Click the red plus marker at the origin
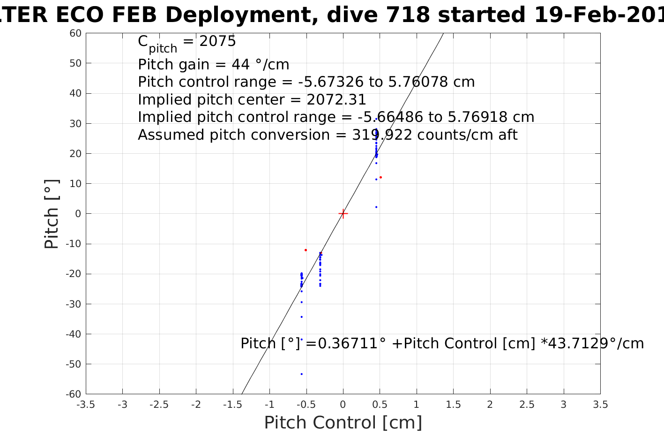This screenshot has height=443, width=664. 343,214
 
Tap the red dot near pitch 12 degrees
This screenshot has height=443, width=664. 380,177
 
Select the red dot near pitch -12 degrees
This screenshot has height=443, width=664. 306,250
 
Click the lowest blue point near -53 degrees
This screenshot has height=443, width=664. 301,374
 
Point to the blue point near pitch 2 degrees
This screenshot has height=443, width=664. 376,207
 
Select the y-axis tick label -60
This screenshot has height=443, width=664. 74,394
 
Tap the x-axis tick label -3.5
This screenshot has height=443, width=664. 85,405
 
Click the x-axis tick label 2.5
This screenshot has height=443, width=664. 527,405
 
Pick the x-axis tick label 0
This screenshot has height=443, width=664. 343,405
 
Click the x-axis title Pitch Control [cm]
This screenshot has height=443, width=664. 343,423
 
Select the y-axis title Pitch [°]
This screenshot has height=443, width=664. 52,214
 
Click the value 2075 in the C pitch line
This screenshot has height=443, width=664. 217,41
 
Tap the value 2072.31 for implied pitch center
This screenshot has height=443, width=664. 336,100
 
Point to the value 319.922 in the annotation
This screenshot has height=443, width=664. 382,135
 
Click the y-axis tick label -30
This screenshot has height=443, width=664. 74,304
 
